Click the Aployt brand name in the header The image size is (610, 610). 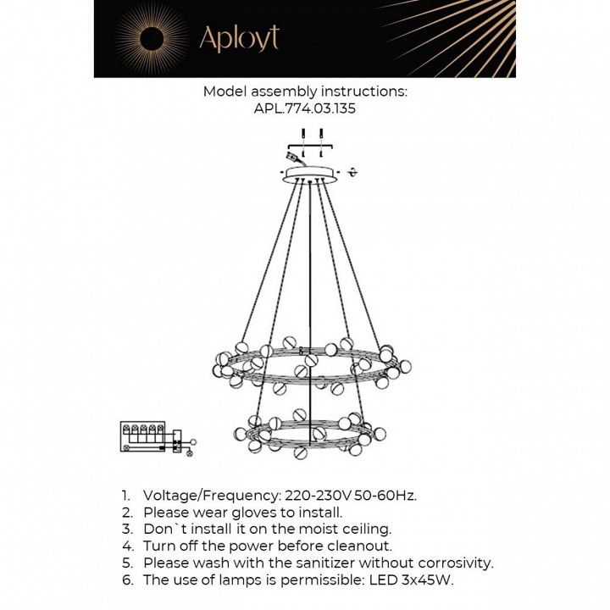[x=238, y=38]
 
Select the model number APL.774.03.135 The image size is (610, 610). [x=304, y=108]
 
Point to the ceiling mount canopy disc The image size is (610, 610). [x=309, y=174]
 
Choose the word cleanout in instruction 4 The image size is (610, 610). [x=360, y=546]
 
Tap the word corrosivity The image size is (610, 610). [x=451, y=563]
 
